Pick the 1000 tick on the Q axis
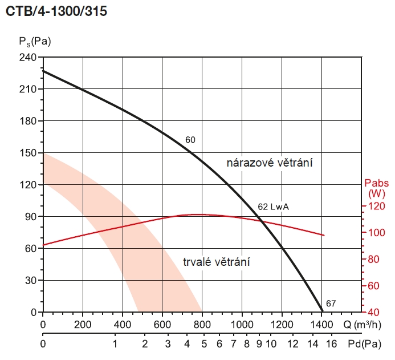point(242,325)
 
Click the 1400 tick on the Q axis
point(321,325)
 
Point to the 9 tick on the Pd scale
point(259,344)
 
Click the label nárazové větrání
point(271,163)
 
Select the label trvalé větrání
point(217,262)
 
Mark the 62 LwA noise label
point(274,207)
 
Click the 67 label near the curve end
point(331,303)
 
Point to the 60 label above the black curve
point(190,139)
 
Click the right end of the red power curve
point(324,235)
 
